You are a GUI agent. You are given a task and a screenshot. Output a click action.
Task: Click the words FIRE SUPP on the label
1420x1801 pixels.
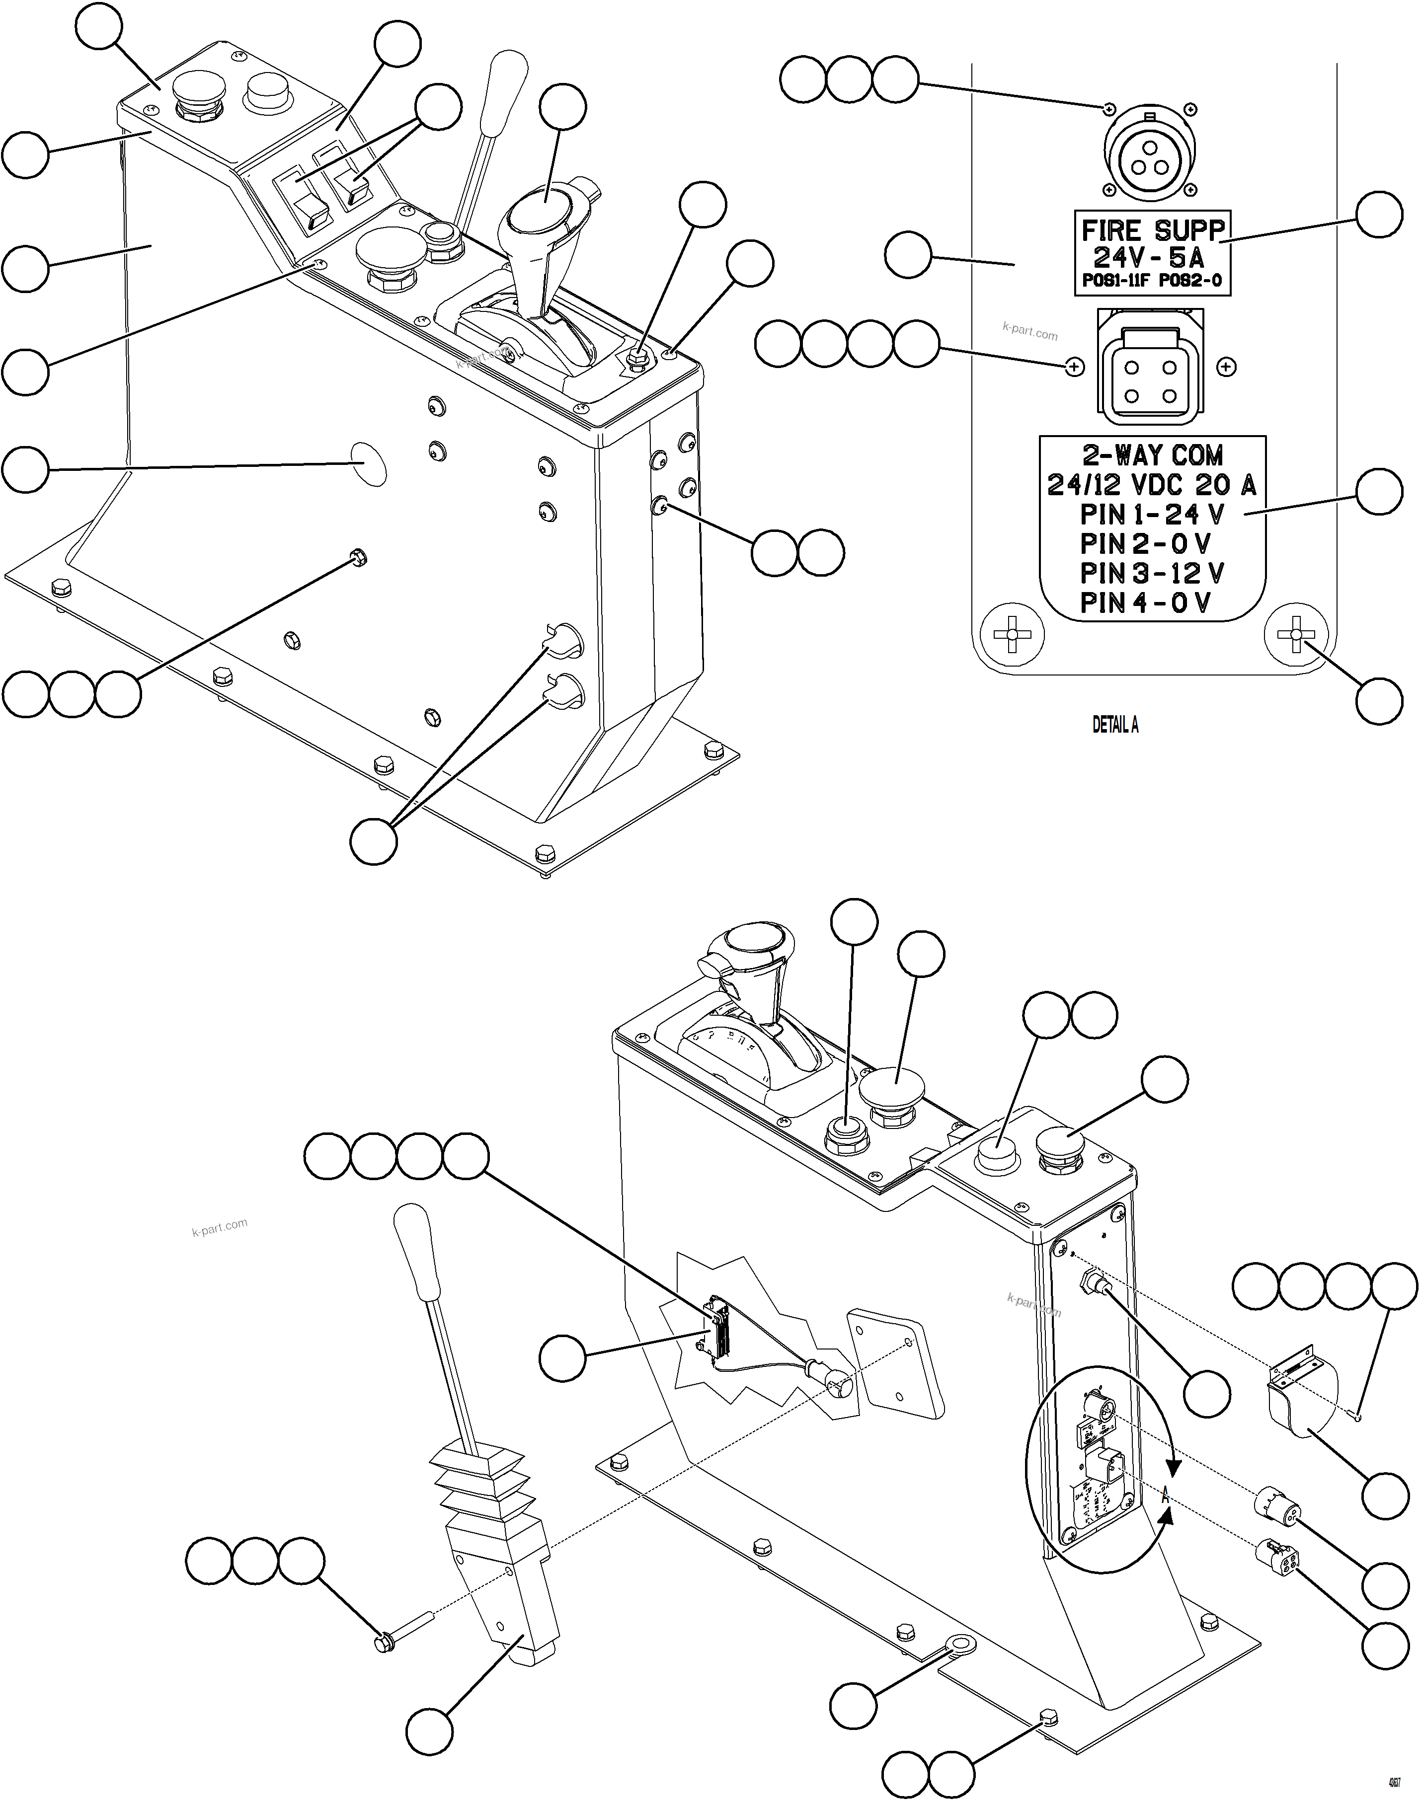click(x=1152, y=229)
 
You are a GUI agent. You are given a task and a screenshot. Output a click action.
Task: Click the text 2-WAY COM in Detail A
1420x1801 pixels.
click(x=1152, y=455)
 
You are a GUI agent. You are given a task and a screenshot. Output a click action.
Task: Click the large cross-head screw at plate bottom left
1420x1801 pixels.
click(x=1012, y=635)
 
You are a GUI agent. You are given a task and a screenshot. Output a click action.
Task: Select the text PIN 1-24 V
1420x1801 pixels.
click(x=1152, y=515)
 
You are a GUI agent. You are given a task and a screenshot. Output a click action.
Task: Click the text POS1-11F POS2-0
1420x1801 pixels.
click(x=1152, y=281)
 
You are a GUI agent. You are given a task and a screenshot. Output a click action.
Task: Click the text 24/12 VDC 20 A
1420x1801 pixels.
click(x=1152, y=485)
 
